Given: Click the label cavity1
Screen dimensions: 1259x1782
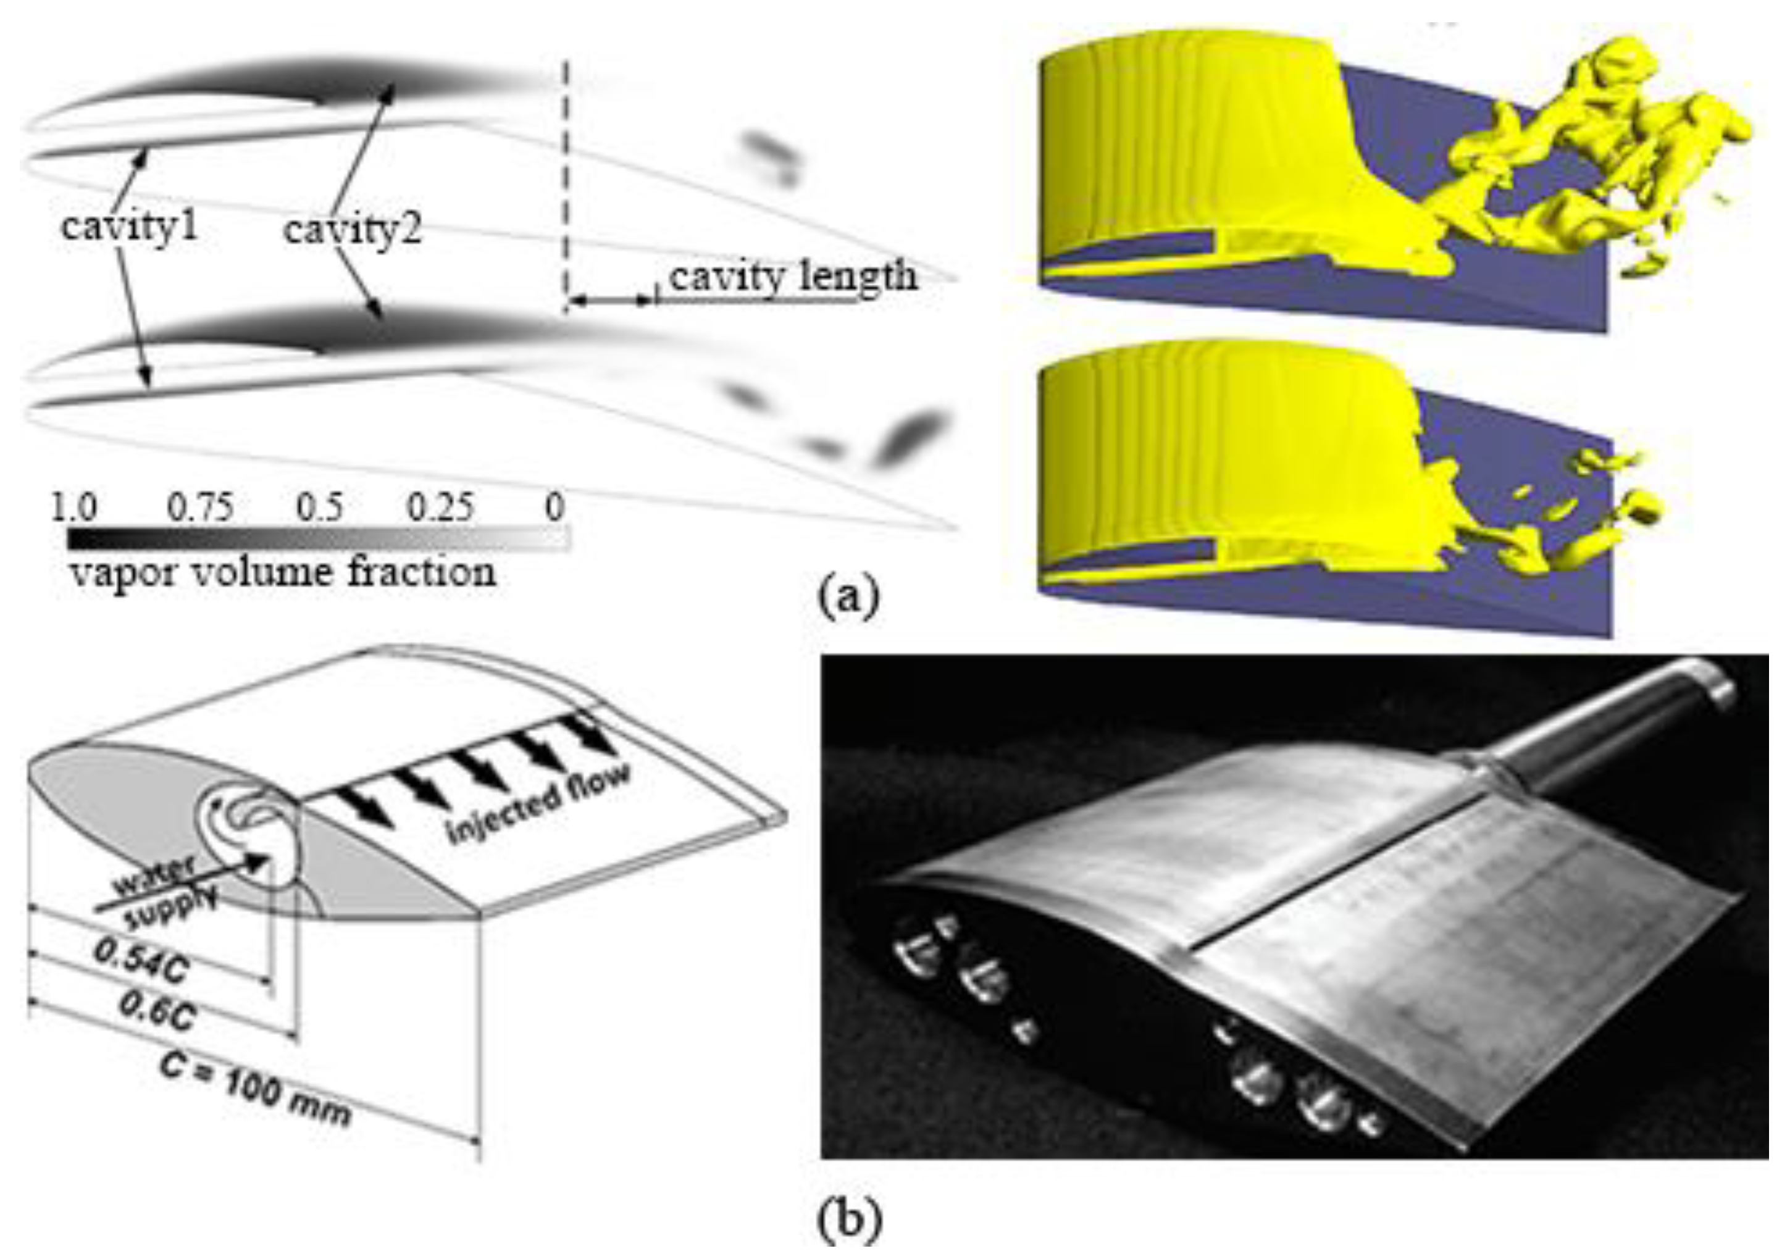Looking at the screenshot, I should pos(130,227).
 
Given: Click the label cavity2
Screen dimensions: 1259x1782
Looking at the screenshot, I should pos(353,230).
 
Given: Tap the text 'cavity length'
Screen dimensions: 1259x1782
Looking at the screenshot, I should pos(792,277).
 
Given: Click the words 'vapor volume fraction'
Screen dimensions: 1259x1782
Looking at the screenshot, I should pos(283,573).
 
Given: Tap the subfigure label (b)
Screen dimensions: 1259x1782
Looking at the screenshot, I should pos(850,1220).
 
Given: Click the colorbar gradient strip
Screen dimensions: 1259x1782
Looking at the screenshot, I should pos(318,538).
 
